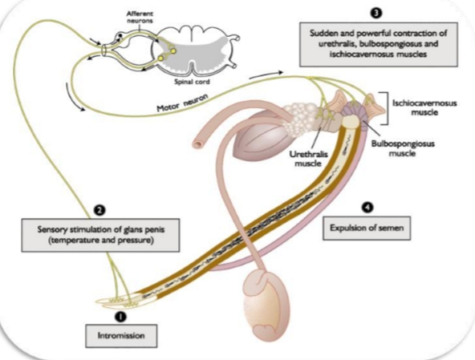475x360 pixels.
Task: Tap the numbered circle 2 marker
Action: click(99, 209)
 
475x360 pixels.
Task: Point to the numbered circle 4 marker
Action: click(367, 206)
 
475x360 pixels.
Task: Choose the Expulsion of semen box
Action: click(368, 228)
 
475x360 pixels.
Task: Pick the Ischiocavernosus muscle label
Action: click(427, 108)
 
